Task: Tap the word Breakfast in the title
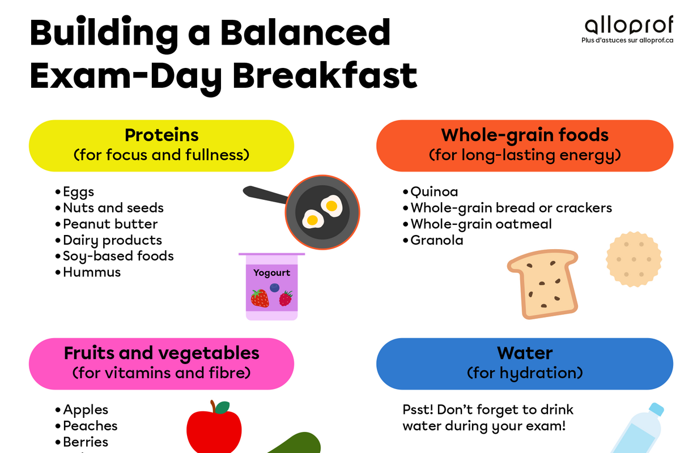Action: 325,75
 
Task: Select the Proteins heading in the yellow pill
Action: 161,135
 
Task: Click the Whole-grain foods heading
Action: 525,135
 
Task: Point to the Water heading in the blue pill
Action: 525,353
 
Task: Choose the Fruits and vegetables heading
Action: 161,353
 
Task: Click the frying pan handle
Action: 265,194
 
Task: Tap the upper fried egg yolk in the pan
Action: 331,206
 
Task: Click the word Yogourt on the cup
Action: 271,273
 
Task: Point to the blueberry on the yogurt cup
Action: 274,288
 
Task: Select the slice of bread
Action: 543,284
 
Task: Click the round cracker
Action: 634,259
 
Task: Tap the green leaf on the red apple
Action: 223,408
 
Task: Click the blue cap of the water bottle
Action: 656,409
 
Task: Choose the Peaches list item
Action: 90,426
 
